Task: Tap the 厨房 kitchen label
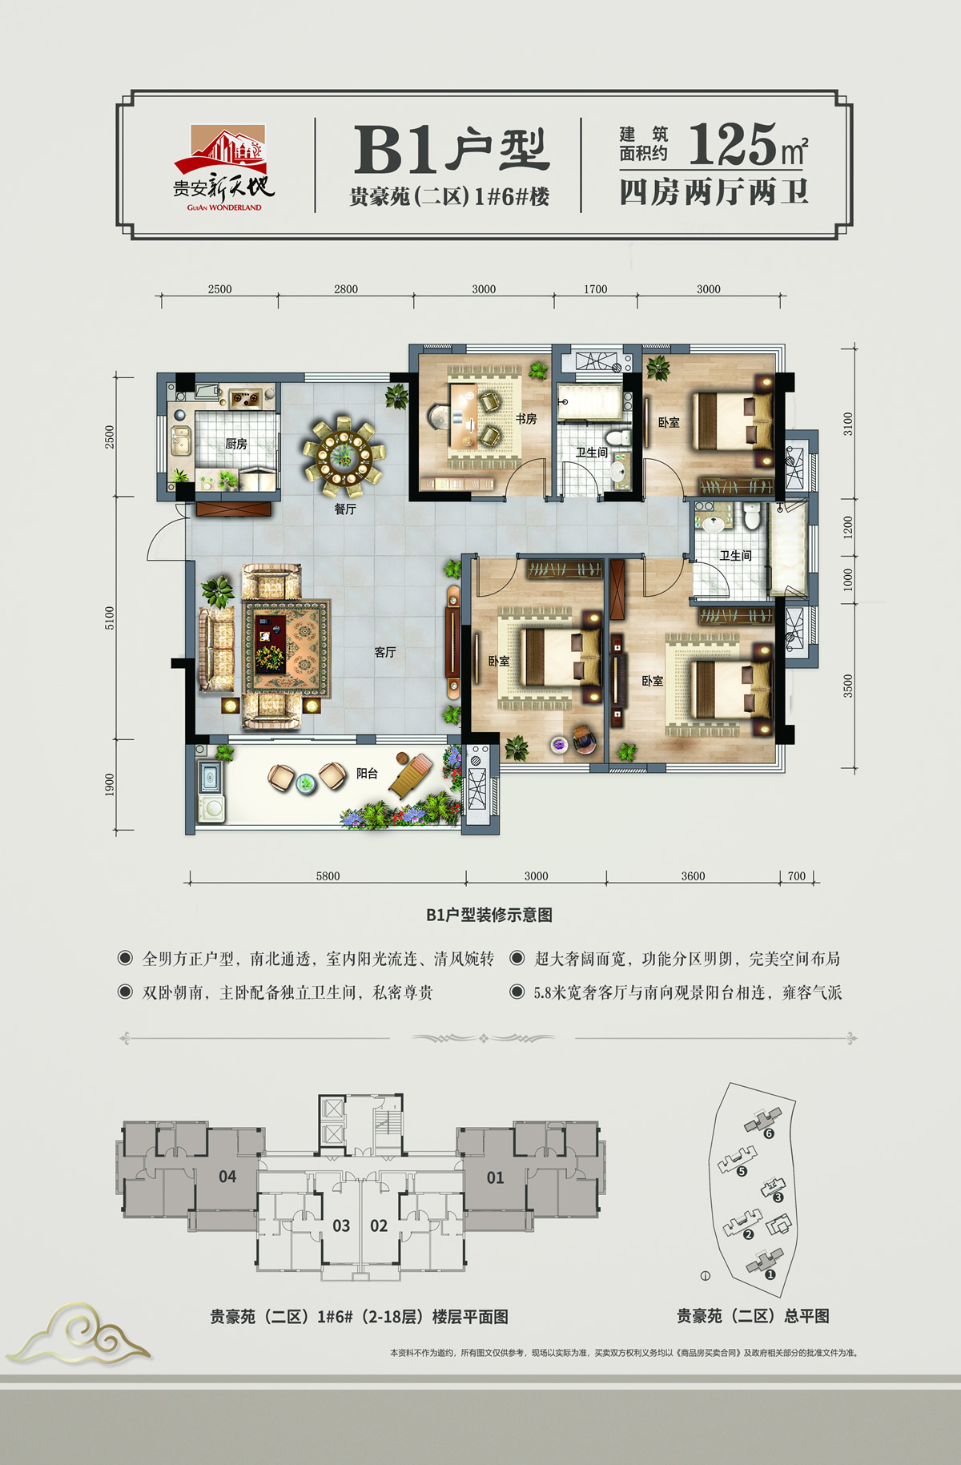[x=236, y=444]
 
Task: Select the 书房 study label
[x=526, y=419]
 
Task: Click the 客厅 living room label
[x=385, y=652]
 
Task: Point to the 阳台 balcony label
[x=368, y=773]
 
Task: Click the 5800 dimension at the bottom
[x=328, y=876]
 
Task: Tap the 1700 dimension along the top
[x=595, y=289]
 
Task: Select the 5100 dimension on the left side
[x=110, y=618]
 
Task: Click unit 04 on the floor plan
[x=227, y=1177]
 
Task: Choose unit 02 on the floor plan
[x=379, y=1226]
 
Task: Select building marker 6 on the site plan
[x=769, y=1133]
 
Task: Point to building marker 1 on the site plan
[x=770, y=1274]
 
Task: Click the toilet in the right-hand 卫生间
[x=751, y=516]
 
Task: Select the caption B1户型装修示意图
[x=489, y=915]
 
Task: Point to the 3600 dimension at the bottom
[x=693, y=876]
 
